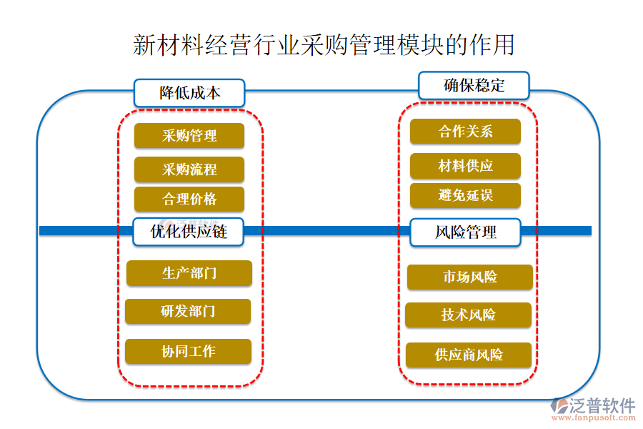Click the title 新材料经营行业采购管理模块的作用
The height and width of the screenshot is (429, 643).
point(323,44)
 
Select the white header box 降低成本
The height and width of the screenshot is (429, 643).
point(189,93)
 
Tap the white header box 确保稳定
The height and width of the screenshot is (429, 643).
point(474,85)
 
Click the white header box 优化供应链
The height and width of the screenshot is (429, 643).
point(189,232)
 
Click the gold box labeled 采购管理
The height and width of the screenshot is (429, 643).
point(189,136)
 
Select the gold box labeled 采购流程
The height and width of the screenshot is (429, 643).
point(189,169)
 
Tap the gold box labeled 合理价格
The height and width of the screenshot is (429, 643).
point(189,199)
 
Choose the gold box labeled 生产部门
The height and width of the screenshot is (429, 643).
point(189,273)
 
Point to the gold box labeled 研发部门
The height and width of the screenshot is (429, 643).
point(188,312)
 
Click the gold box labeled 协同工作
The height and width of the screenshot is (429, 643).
point(188,352)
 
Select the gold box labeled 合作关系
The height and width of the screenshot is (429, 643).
point(465,132)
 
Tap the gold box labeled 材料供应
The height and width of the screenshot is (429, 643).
point(465,166)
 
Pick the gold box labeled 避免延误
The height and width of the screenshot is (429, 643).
point(465,195)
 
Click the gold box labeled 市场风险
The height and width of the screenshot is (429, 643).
point(469,277)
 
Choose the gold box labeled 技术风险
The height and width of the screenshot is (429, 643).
point(468,315)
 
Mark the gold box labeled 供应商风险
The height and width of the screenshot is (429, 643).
point(468,355)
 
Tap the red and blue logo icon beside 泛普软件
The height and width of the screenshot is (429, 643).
point(558,407)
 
